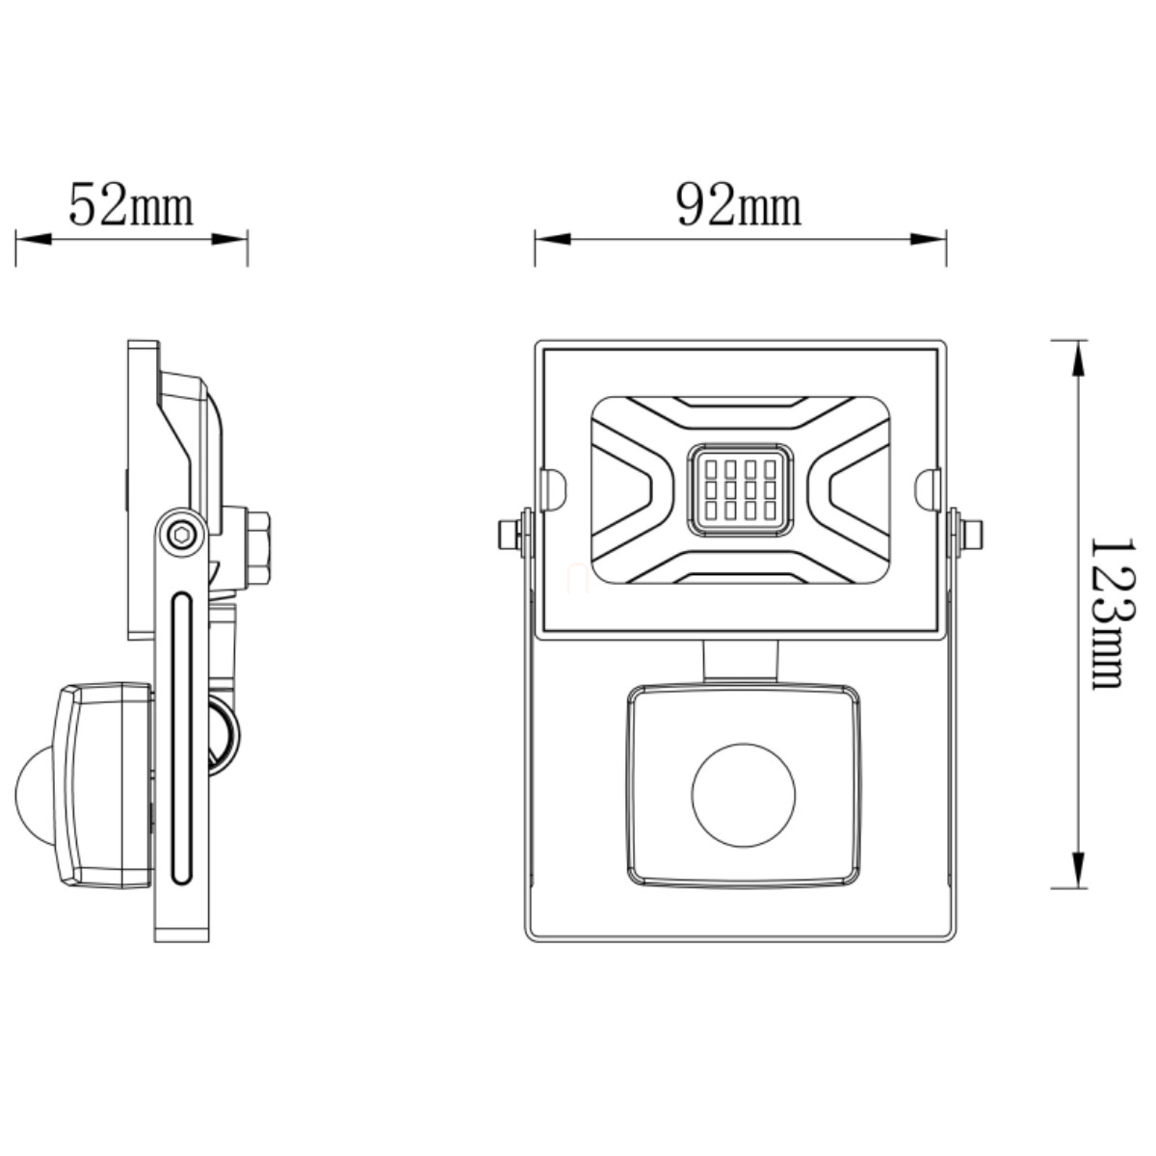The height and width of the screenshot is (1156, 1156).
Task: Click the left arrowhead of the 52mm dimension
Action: click(x=34, y=239)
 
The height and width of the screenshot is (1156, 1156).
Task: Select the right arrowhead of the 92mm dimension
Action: click(x=928, y=239)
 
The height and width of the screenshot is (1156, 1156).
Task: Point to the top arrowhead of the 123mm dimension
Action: click(x=1078, y=358)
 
